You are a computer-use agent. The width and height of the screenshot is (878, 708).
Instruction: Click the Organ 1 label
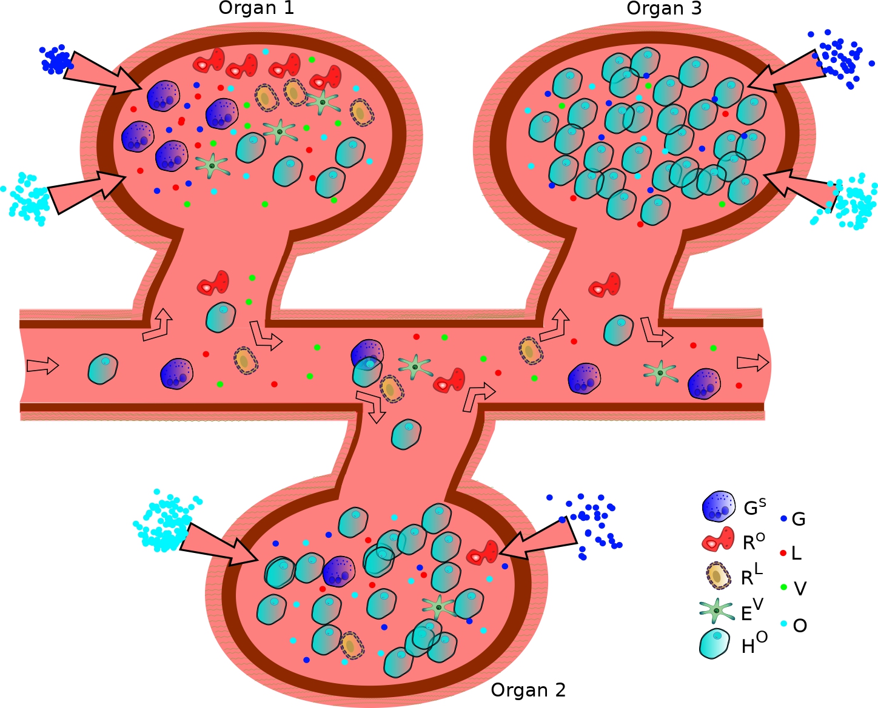(x=256, y=8)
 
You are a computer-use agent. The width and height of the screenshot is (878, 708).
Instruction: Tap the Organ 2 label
(x=528, y=690)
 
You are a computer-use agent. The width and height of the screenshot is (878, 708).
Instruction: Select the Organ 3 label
(x=664, y=8)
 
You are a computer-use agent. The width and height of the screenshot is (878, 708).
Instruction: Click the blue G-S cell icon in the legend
(x=719, y=507)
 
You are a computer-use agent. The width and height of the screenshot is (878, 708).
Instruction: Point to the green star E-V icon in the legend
(x=717, y=611)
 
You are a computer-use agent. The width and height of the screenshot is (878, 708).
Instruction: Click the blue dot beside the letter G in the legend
(x=783, y=519)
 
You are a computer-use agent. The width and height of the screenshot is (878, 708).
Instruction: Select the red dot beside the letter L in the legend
(x=783, y=552)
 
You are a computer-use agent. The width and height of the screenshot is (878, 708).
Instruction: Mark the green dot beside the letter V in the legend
(x=783, y=587)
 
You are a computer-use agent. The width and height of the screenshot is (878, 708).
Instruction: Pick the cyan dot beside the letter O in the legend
(x=783, y=624)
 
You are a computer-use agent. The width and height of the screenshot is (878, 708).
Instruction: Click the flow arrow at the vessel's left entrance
(x=42, y=366)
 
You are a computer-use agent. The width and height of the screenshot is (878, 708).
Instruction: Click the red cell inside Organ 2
(x=483, y=554)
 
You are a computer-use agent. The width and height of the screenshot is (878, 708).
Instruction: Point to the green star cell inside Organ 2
(x=438, y=607)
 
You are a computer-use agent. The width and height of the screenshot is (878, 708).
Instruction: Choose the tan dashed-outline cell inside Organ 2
(x=350, y=646)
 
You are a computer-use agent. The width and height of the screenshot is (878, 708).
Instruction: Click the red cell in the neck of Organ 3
(x=605, y=285)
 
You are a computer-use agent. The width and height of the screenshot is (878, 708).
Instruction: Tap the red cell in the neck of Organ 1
(x=213, y=283)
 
